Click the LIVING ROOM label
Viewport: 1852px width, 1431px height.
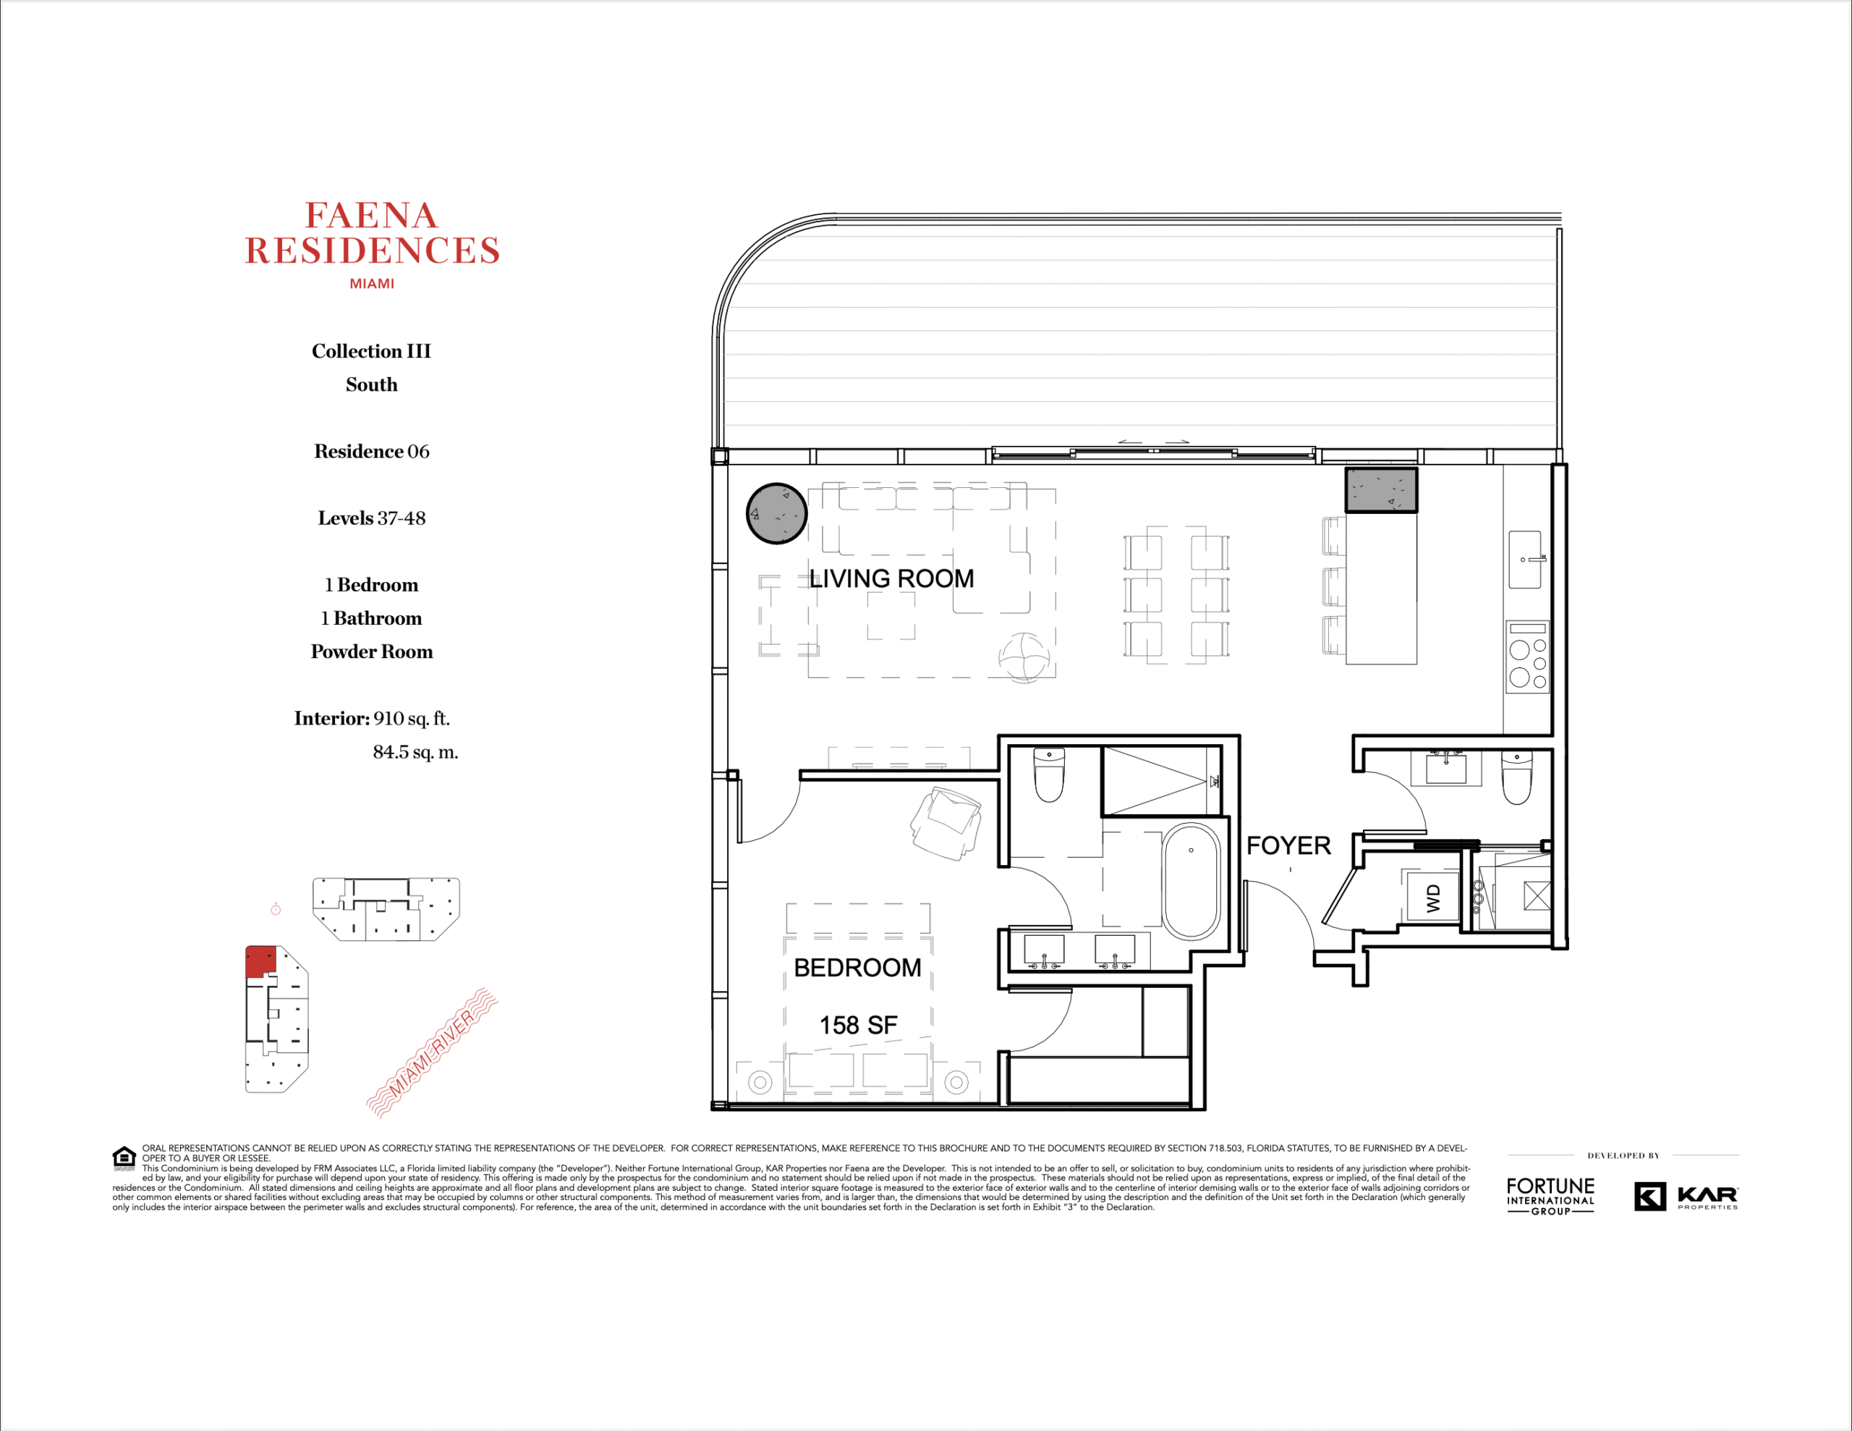(891, 578)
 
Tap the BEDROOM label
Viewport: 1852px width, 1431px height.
(857, 968)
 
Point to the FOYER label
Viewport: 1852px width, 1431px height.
(1288, 845)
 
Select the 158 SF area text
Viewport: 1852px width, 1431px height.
(858, 1026)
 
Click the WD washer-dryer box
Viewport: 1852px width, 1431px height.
(1432, 897)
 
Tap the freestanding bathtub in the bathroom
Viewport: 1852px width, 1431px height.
(1191, 882)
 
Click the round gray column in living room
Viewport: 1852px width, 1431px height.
(776, 513)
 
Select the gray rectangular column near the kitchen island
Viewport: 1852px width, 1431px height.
(1381, 490)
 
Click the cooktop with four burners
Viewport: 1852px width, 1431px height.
(1527, 657)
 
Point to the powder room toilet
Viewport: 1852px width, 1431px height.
(1516, 777)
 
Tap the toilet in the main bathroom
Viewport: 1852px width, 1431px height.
(1049, 774)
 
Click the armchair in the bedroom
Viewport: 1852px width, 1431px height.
(946, 823)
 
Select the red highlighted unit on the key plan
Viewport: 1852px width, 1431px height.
(260, 961)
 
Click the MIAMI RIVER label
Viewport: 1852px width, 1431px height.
(432, 1052)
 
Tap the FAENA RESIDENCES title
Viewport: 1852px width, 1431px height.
(373, 233)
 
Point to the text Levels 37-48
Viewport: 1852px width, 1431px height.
(371, 518)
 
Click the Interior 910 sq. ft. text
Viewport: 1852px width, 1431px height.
(371, 719)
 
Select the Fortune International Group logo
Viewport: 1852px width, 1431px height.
(1550, 1196)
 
